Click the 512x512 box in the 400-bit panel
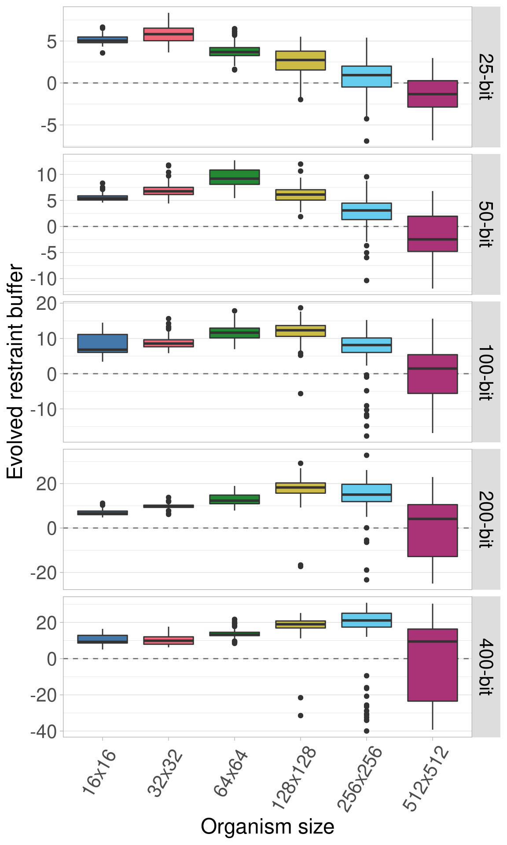[x=432, y=665]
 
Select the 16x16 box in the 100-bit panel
[x=103, y=343]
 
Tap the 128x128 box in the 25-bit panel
[x=301, y=60]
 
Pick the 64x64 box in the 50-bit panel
[x=235, y=177]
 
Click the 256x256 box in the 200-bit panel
[x=367, y=493]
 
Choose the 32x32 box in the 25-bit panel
[x=169, y=34]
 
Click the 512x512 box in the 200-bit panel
[x=432, y=530]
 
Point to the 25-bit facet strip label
[x=486, y=77]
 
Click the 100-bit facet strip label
[x=486, y=372]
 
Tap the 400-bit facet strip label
[x=486, y=667]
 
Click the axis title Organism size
[x=267, y=827]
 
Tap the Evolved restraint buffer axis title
[x=15, y=372]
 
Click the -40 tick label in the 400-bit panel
[x=44, y=731]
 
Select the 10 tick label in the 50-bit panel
[x=47, y=175]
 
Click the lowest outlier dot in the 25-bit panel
[x=367, y=141]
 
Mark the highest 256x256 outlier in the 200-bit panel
[x=367, y=455]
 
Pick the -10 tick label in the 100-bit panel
[x=44, y=409]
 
